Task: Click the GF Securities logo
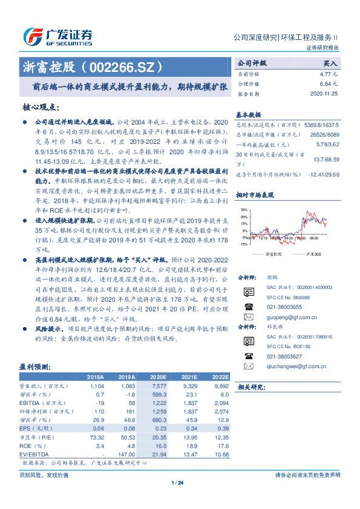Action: pos(57,37)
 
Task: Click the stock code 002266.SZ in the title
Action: pos(129,65)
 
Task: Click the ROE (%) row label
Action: pos(30,446)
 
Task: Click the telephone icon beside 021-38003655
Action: pos(248,306)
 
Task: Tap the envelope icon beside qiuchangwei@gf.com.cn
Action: pos(248,366)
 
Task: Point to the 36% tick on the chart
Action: pos(244,209)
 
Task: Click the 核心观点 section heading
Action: pos(41,107)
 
